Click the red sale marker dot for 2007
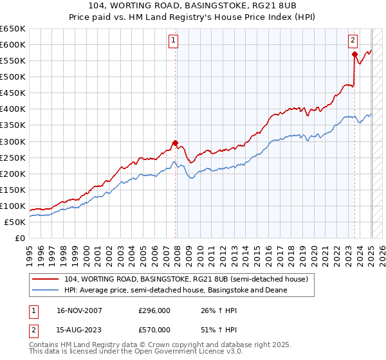tap(175, 143)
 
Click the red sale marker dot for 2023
tap(354, 55)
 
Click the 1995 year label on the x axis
tap(29, 252)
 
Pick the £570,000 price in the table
tap(154, 330)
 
